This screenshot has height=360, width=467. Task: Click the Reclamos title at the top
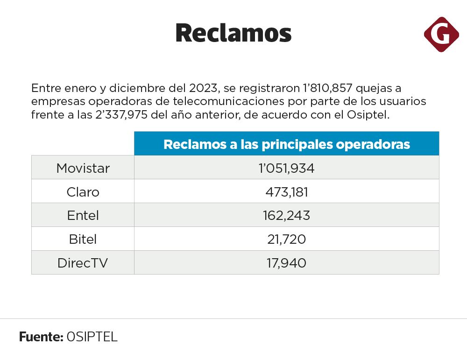(x=233, y=33)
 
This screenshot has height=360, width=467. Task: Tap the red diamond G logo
(x=441, y=34)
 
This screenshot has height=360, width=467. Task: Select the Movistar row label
(x=83, y=168)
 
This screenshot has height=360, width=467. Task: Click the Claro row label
(x=83, y=192)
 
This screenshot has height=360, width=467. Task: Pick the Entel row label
(x=83, y=216)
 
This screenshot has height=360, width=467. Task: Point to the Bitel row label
(x=83, y=240)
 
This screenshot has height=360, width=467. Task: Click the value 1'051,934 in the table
(x=286, y=168)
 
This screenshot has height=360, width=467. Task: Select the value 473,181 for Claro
(x=286, y=192)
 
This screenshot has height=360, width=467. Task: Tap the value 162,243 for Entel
(x=286, y=216)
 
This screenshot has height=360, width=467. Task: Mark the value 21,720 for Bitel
(x=286, y=240)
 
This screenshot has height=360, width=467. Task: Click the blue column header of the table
(x=286, y=144)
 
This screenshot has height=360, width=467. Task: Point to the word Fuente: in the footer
(x=41, y=337)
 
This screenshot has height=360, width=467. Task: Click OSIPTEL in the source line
(x=92, y=337)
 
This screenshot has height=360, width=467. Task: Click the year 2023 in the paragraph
(x=204, y=88)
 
